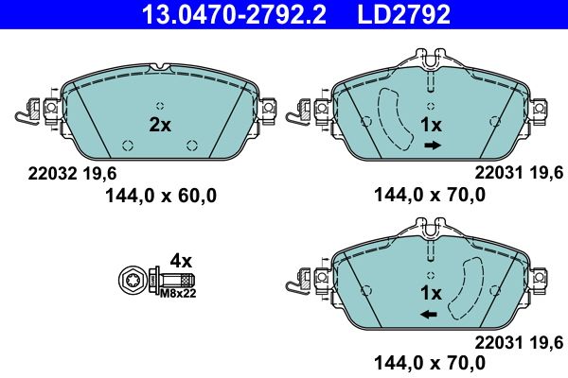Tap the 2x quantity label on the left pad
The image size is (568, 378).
click(x=160, y=124)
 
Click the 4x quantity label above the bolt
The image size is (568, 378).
click(x=180, y=260)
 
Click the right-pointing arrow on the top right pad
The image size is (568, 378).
click(x=433, y=146)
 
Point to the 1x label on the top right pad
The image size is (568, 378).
click(x=432, y=125)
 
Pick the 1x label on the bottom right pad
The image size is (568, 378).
click(x=432, y=292)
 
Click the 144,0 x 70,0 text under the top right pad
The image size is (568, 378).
click(x=430, y=196)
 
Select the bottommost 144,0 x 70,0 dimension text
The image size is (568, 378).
click(x=430, y=362)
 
